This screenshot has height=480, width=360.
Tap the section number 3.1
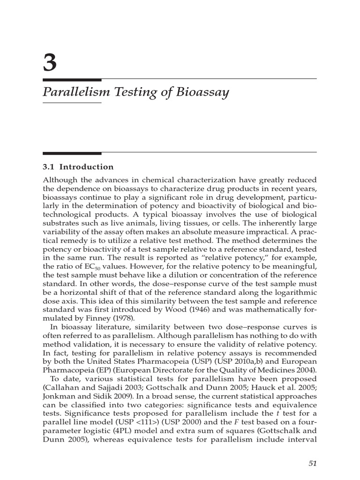[49, 167]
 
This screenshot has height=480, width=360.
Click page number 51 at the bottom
[313, 463]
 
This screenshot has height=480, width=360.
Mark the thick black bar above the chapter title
[72, 80]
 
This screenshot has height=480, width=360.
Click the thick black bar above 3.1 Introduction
[72, 153]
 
